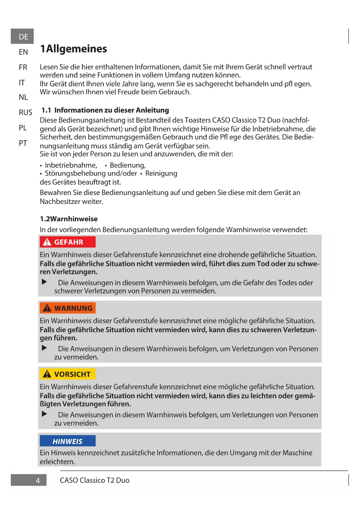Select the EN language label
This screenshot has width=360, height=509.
(23, 52)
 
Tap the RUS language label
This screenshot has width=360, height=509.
(25, 113)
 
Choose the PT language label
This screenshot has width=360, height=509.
(23, 143)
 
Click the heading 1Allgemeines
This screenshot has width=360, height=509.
(73, 49)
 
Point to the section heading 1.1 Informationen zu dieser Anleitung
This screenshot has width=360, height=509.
(105, 110)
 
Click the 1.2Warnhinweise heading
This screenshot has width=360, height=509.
(69, 219)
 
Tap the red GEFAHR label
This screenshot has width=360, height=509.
(68, 242)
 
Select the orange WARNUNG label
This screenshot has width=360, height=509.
(68, 308)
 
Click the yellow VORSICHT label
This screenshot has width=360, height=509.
(68, 374)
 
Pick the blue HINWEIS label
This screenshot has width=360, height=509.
(68, 441)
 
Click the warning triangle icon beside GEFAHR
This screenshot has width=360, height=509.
(47, 242)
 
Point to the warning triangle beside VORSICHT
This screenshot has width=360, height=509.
(47, 374)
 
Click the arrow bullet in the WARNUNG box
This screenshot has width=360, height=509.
(44, 348)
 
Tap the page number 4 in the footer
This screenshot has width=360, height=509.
(38, 481)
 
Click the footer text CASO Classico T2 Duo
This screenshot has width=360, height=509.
(95, 480)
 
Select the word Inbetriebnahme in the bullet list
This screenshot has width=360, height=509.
(71, 165)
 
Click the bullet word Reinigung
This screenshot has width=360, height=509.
(161, 174)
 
